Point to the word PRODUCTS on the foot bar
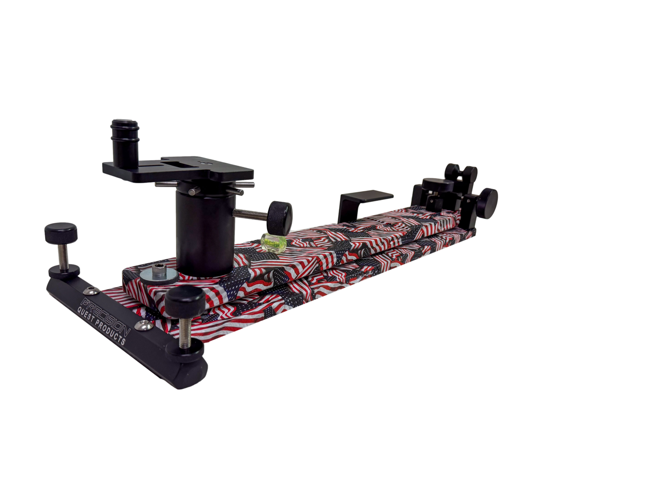coord(111,331)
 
